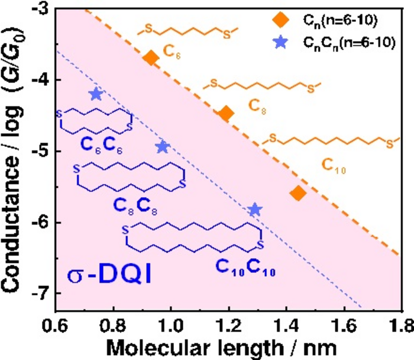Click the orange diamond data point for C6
click(150, 57)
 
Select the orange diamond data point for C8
click(225, 114)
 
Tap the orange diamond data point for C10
click(298, 193)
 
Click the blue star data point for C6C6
click(96, 94)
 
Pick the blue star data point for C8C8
click(163, 147)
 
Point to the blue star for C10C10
click(255, 209)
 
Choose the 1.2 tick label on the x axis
click(228, 324)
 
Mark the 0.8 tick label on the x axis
click(114, 324)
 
